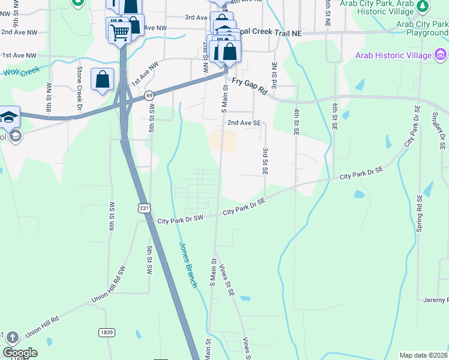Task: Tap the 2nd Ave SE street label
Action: (244, 122)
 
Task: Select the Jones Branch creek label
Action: (187, 265)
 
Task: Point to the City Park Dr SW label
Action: (180, 220)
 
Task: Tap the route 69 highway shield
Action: (148, 95)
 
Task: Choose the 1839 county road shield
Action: (106, 332)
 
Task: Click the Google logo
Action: (20, 353)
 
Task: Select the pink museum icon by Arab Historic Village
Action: (441, 55)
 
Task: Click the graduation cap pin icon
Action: (9, 116)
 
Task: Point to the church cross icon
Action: (13, 337)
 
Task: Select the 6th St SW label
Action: (112, 214)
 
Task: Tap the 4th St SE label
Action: (296, 121)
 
